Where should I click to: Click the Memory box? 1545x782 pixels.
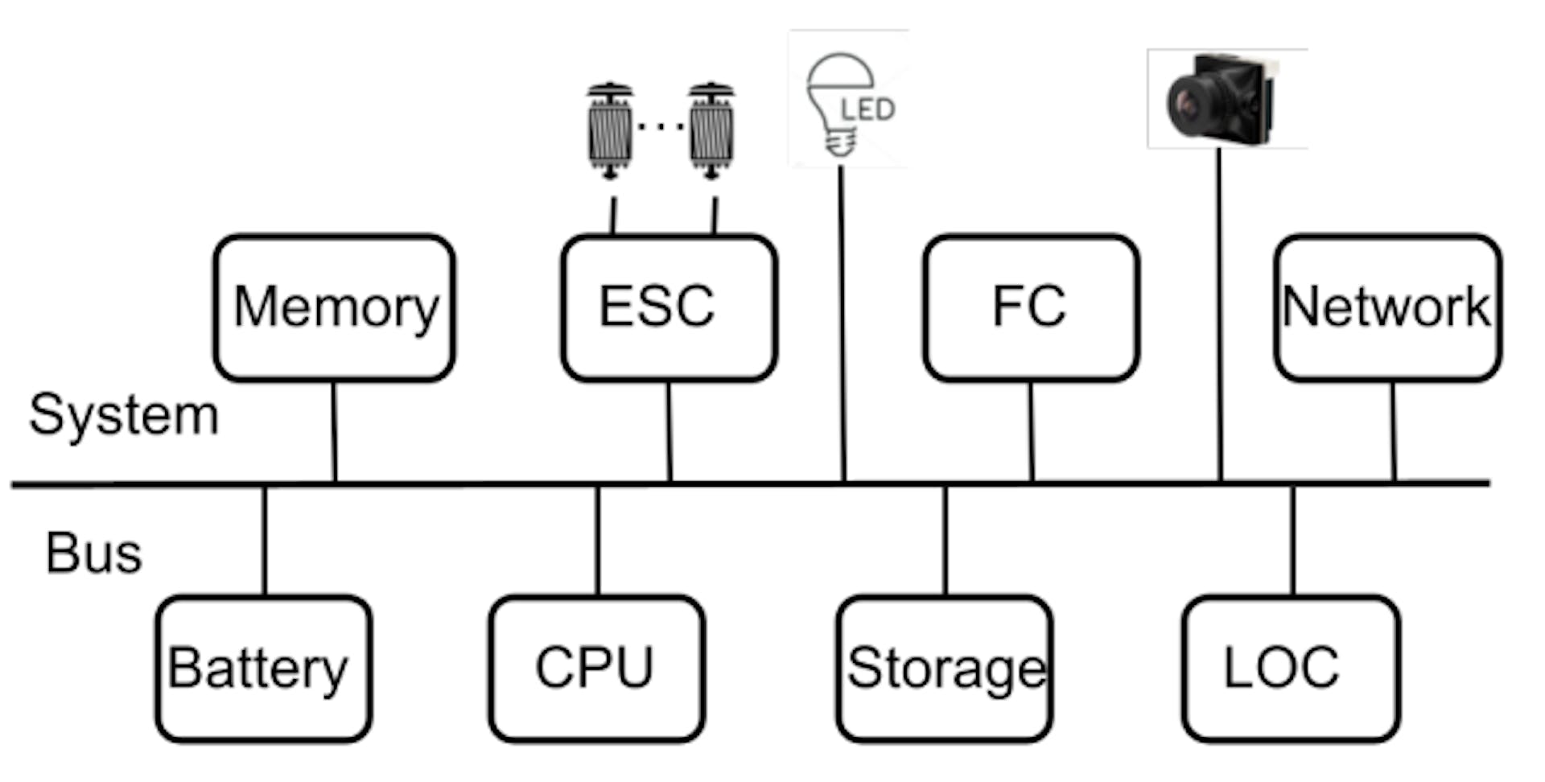(334, 307)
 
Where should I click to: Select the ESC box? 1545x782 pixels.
(669, 307)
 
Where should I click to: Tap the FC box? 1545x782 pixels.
(1031, 307)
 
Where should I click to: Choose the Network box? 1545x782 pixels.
(1388, 307)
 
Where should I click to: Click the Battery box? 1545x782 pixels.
(264, 668)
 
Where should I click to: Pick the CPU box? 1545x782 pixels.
(596, 668)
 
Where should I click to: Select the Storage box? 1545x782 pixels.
(945, 668)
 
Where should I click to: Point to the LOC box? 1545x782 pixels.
(1291, 668)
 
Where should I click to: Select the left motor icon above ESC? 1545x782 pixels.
(610, 129)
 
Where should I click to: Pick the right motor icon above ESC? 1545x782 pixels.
(711, 129)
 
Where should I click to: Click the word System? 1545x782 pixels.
(124, 415)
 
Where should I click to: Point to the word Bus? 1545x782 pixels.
(94, 554)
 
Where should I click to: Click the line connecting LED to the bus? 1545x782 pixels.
(843, 322)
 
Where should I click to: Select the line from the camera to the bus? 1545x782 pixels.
(1220, 322)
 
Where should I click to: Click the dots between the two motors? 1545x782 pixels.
(661, 126)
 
